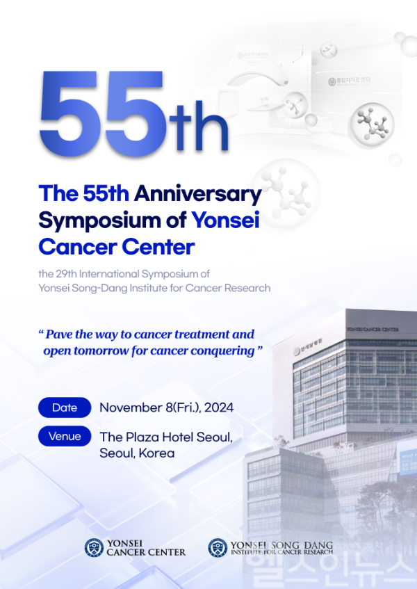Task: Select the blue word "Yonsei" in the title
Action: click(x=226, y=220)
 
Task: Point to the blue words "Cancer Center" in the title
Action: click(x=116, y=246)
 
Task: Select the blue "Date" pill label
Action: click(x=65, y=408)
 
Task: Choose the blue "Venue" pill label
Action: click(x=65, y=437)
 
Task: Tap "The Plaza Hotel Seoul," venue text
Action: click(x=166, y=437)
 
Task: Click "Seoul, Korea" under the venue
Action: click(x=137, y=453)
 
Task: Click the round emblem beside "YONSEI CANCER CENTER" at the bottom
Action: click(x=94, y=547)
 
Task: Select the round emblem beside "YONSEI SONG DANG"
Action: click(x=218, y=547)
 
